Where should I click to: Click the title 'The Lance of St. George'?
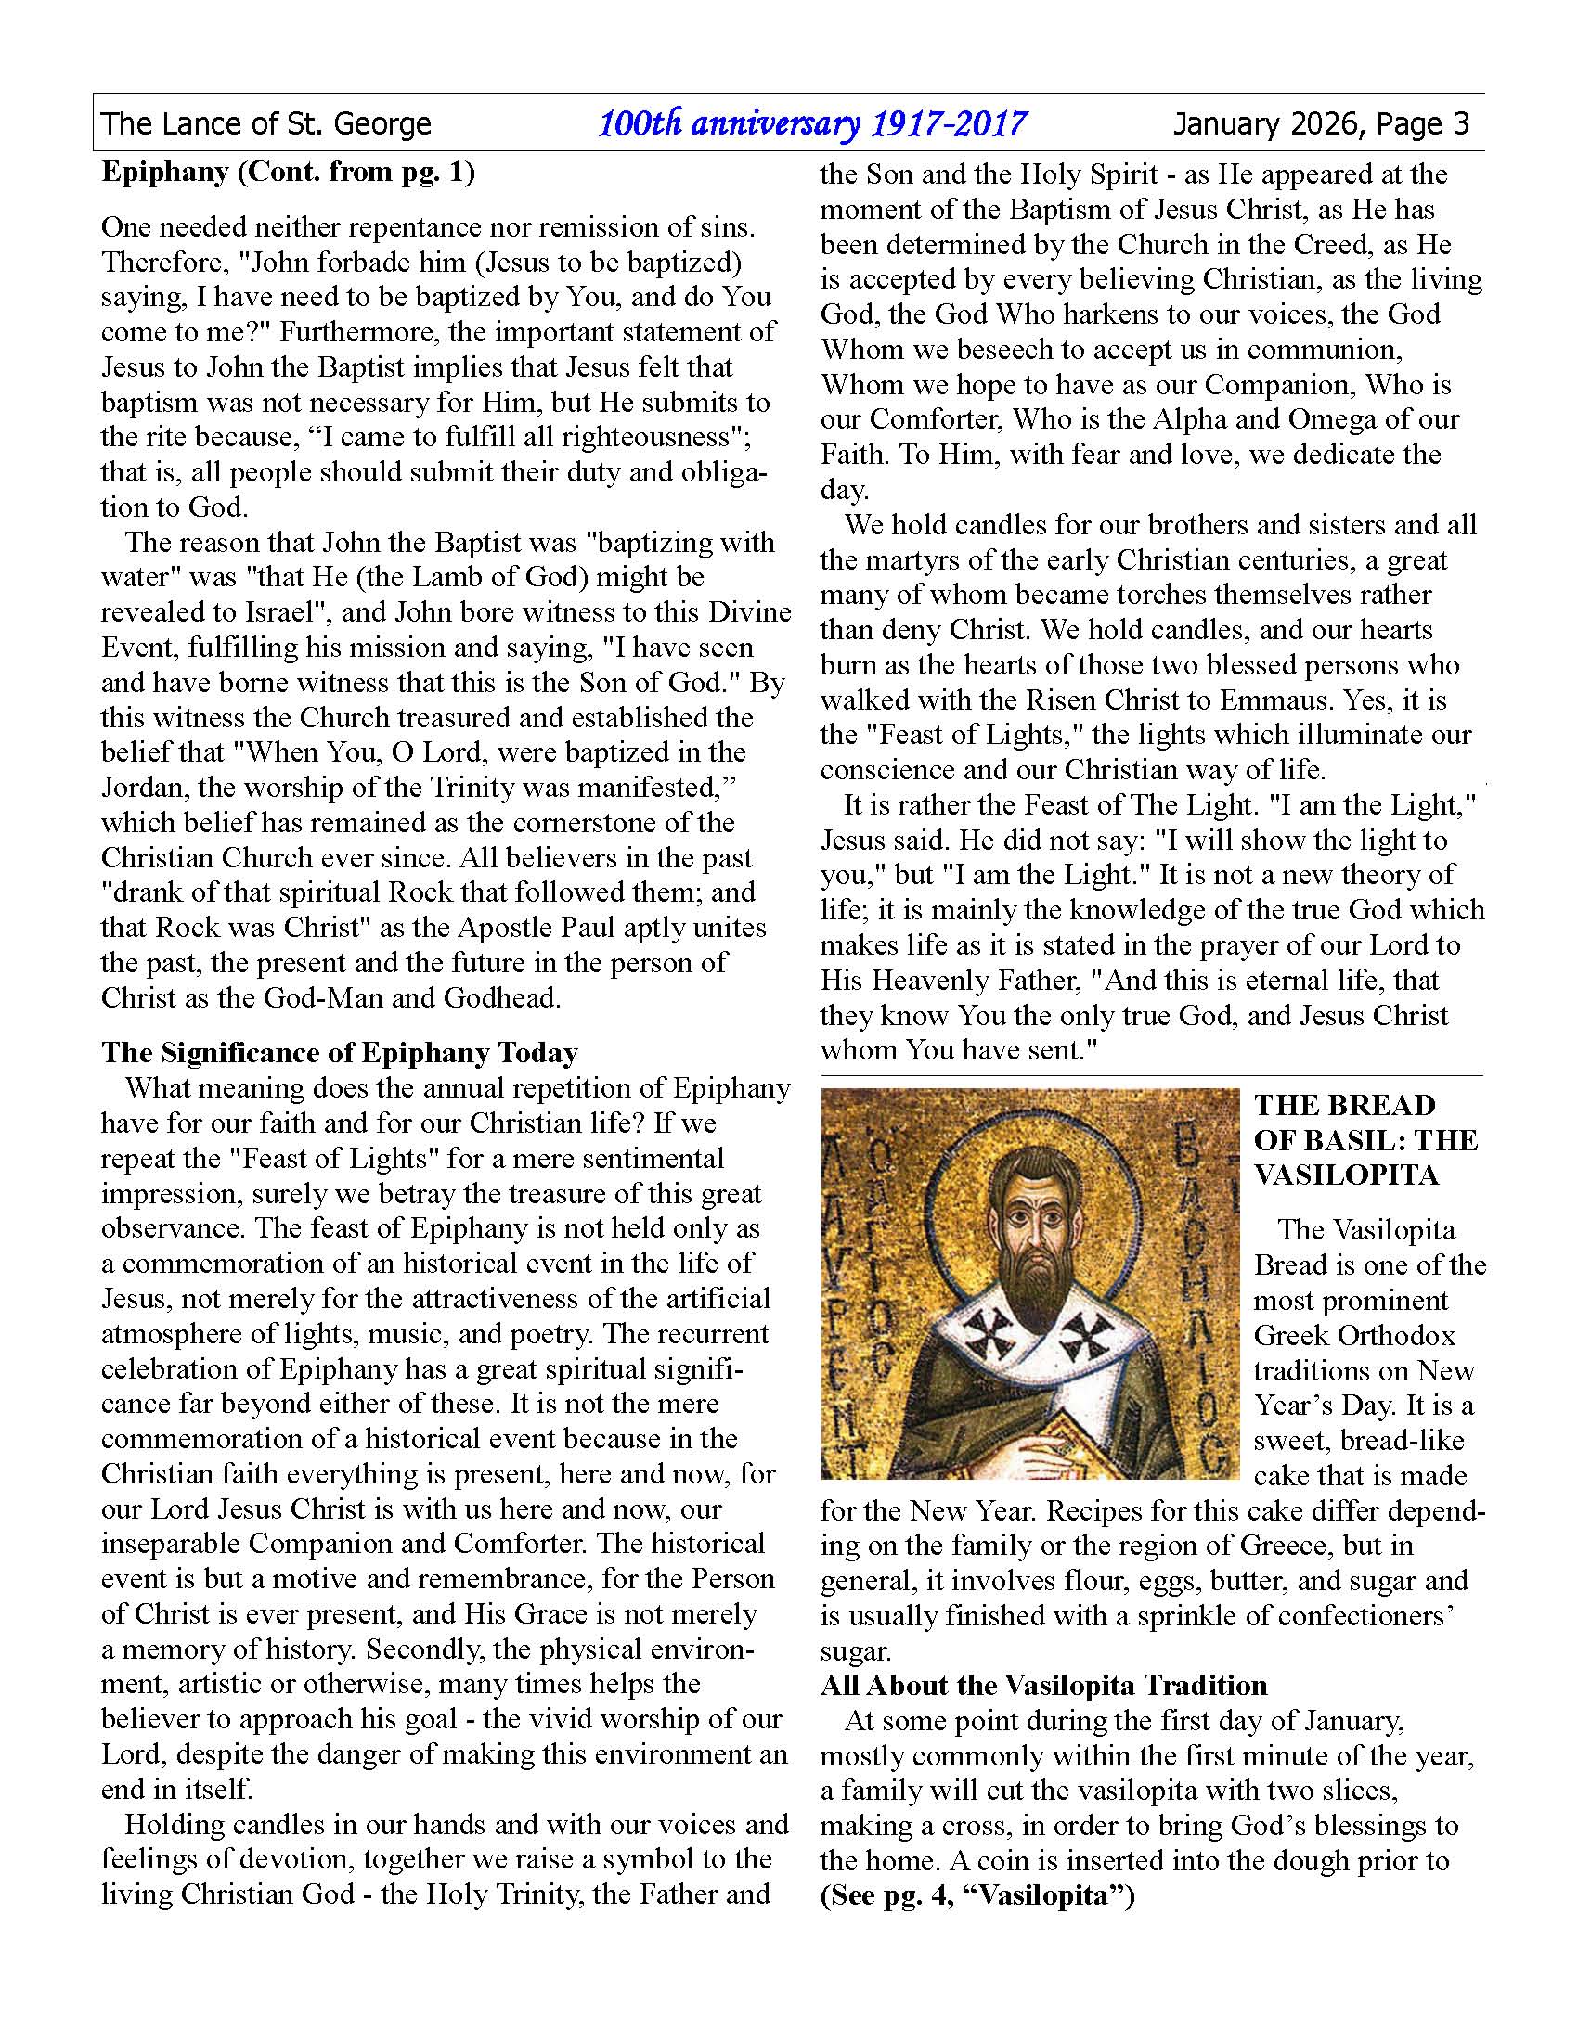point(266,123)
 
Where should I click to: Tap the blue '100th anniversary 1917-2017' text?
point(811,123)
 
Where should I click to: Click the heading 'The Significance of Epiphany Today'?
point(340,1053)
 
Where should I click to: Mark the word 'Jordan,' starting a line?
point(144,788)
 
